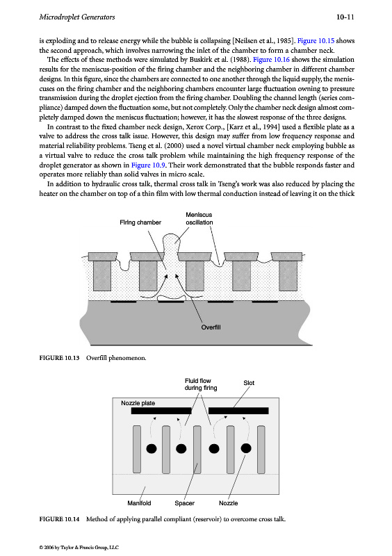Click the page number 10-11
coord(345,17)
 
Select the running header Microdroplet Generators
coord(77,17)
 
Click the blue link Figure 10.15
coord(316,41)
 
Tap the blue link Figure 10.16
coord(271,60)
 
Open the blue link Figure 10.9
coord(148,165)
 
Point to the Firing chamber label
coord(140,222)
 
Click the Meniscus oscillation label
coord(199,218)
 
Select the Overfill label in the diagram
coord(211,327)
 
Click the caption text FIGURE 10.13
coord(59,358)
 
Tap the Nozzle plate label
coord(138,403)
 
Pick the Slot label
coord(249,383)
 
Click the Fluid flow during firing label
coord(200,384)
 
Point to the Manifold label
coord(139,503)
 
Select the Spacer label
coord(184,503)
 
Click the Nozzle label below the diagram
coord(228,503)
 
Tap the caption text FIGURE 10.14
coord(59,519)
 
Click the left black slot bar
coord(161,411)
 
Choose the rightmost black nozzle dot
coord(246,448)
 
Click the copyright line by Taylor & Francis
coord(79,548)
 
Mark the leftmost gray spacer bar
coord(137,449)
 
